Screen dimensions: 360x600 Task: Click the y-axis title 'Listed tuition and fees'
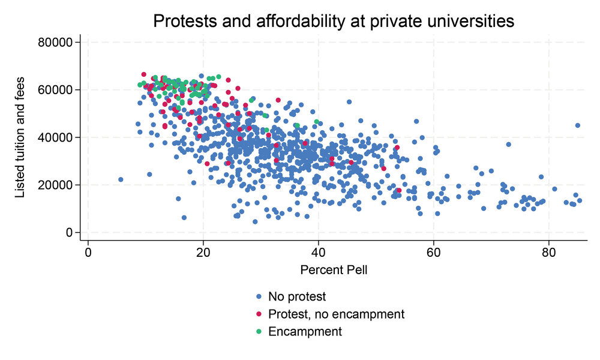coord(20,137)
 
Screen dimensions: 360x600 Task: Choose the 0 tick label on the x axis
coord(88,252)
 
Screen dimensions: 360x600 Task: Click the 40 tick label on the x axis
coord(319,252)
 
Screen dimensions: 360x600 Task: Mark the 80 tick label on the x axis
coord(548,252)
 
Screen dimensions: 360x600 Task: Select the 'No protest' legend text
coord(297,296)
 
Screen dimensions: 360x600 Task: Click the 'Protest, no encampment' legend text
coord(337,314)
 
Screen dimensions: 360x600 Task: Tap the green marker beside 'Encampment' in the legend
coord(259,332)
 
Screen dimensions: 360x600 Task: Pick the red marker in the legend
coord(259,314)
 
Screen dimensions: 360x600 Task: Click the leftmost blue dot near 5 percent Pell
coord(121,179)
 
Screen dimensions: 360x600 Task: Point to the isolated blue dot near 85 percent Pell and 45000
coord(578,125)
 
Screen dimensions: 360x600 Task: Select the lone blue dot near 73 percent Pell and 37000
coord(508,144)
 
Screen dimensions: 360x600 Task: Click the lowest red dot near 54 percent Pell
coord(399,190)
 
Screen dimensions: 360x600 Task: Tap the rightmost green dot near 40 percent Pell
coord(317,122)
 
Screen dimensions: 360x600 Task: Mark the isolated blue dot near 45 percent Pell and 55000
coord(349,102)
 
